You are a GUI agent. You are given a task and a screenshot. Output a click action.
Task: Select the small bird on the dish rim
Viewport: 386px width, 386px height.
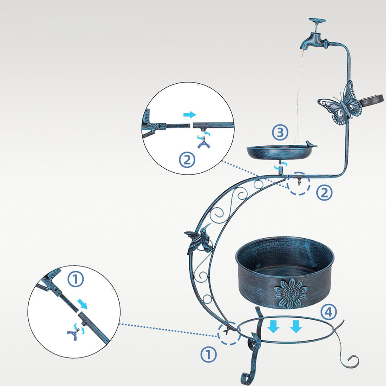point(308,144)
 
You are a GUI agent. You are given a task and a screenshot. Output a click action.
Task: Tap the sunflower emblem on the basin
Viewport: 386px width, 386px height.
point(291,293)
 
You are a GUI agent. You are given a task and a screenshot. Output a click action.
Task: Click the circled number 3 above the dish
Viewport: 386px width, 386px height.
point(280,133)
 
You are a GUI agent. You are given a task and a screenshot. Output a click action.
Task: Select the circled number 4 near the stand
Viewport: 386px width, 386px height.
point(328,312)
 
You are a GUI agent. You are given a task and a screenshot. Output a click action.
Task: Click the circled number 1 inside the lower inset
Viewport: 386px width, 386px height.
point(75,279)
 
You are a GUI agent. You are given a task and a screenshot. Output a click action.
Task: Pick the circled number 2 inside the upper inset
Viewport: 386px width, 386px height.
point(187,160)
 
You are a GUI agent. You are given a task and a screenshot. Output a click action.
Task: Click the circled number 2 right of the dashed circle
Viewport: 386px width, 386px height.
point(324,193)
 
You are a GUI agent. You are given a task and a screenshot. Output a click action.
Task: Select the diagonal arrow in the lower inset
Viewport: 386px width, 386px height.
point(83,304)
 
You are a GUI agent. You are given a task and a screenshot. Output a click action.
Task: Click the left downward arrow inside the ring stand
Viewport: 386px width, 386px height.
point(274,327)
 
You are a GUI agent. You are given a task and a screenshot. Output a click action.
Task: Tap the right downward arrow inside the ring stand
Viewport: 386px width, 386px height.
point(296,327)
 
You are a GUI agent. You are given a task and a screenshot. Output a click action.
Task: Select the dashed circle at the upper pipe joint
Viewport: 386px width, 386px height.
point(299,184)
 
